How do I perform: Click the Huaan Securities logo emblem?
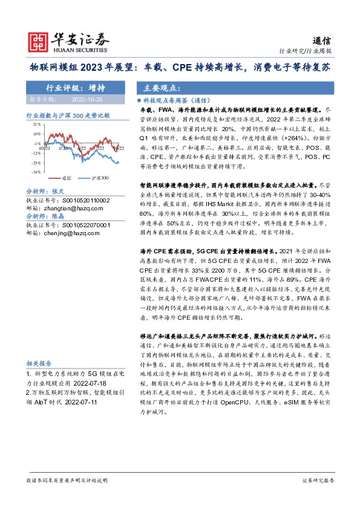click(39, 41)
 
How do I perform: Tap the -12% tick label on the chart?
click(36, 154)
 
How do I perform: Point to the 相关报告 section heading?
click(41, 364)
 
